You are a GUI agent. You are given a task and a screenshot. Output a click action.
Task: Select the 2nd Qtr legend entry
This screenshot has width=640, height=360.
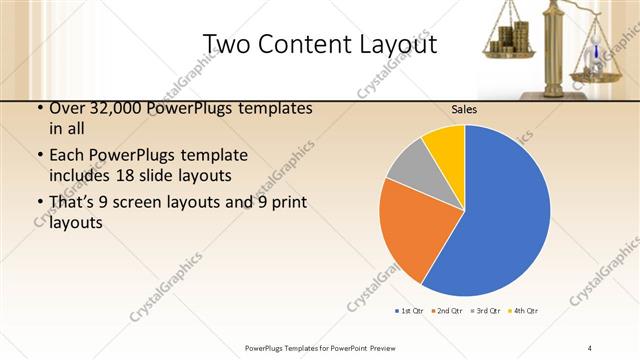(x=449, y=312)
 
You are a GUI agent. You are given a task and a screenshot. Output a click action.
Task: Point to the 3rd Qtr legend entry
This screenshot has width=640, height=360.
(x=486, y=312)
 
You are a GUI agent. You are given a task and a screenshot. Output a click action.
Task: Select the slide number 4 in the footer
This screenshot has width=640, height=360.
(x=589, y=347)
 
